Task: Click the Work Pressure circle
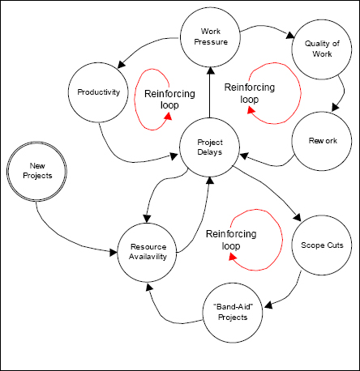click(210, 37)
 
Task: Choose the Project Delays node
click(210, 146)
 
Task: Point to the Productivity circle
click(99, 92)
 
